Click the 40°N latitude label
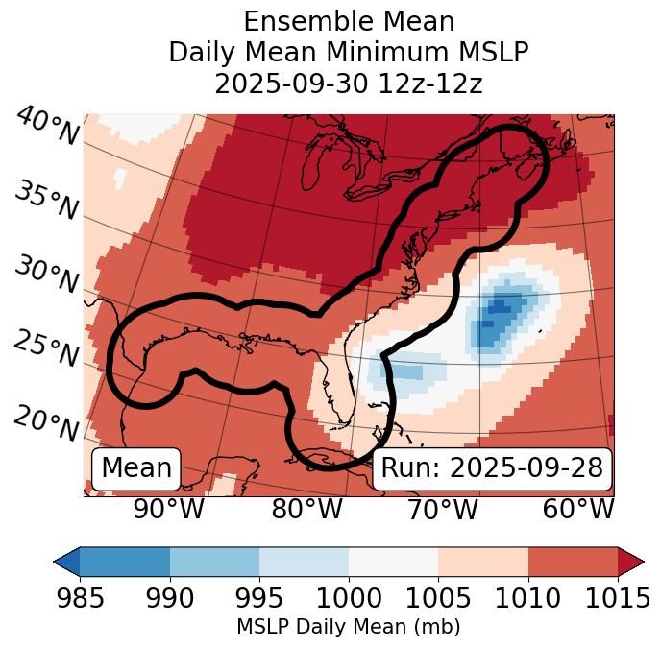(x=45, y=126)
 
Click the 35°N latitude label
(x=45, y=200)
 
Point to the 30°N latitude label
(x=45, y=275)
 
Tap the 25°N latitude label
(x=45, y=348)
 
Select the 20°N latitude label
(x=45, y=422)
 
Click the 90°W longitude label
(x=168, y=509)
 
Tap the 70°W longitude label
(x=443, y=509)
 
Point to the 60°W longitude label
(x=577, y=509)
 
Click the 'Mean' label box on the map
(x=136, y=468)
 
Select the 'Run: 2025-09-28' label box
(x=492, y=468)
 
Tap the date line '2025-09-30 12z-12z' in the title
(x=348, y=84)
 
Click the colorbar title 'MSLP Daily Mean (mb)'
(x=348, y=627)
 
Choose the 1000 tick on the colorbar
(x=349, y=599)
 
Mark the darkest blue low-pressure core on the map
(x=499, y=307)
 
